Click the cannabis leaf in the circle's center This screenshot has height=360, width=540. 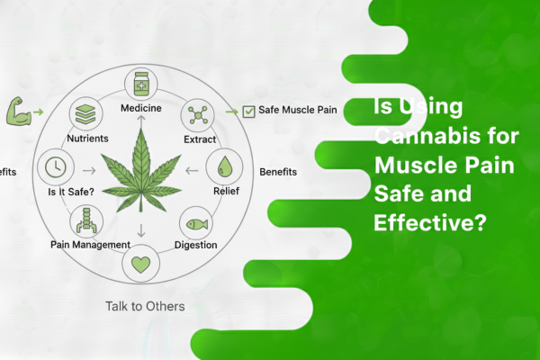139,171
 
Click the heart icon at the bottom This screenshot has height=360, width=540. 139,265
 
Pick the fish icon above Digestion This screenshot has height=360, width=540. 196,220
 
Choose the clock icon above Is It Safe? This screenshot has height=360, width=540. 54,167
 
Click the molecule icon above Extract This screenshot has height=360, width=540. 196,115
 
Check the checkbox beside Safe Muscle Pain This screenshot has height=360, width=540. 248,112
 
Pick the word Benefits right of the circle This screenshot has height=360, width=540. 278,170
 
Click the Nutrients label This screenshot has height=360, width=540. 87,139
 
